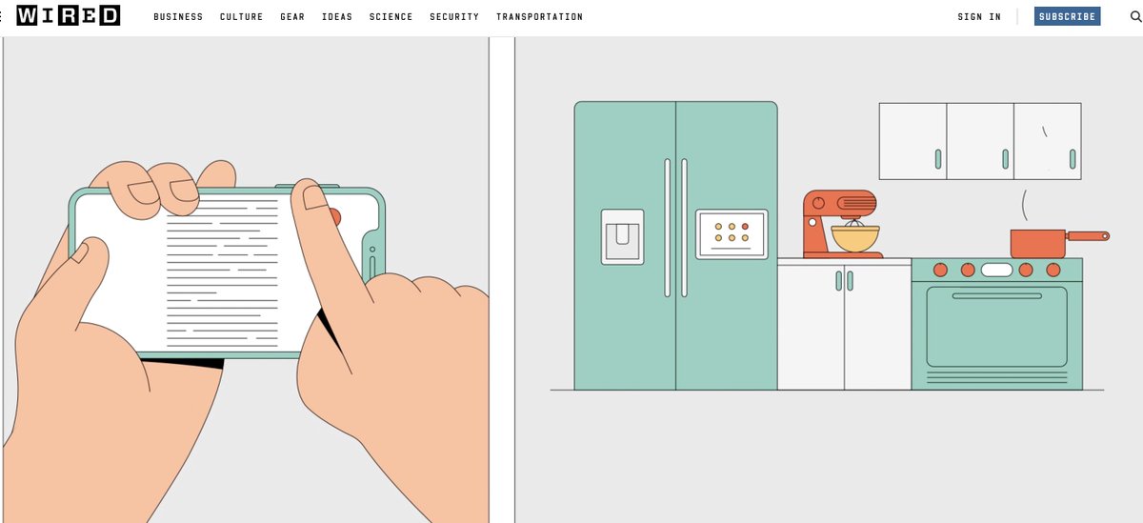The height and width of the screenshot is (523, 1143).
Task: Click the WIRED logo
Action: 69,16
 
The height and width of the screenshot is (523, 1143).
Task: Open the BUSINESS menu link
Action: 178,17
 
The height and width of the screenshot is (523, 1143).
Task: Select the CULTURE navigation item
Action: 241,17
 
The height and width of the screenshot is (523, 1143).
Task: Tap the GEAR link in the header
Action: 292,17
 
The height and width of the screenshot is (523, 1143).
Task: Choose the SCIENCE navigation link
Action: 391,17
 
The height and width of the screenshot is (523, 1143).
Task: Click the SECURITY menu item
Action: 454,17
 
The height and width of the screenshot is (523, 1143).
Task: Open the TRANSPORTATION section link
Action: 539,17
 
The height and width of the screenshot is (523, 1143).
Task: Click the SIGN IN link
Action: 979,17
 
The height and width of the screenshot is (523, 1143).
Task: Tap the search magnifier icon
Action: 1135,16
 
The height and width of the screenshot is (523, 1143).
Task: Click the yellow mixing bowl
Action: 855,238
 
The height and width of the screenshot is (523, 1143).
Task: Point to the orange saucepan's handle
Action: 1087,235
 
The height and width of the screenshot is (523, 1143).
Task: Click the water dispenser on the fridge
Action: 623,237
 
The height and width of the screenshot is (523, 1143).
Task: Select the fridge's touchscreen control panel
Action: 732,234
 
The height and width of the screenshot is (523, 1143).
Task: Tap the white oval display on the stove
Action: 996,270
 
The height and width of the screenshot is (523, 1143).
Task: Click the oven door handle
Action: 997,296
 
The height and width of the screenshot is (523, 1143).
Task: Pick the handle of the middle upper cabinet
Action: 1005,159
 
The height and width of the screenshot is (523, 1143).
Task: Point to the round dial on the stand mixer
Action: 818,203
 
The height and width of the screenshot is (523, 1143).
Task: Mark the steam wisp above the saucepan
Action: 1025,205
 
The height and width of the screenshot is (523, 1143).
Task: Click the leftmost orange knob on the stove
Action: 940,270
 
